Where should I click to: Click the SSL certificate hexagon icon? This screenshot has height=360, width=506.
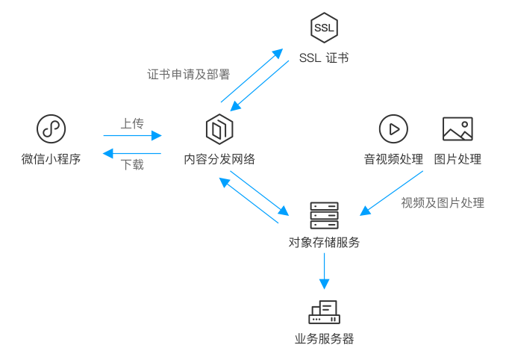point(324,28)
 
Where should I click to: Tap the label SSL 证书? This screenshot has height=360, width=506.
point(324,58)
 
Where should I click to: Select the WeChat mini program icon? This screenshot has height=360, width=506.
point(51,129)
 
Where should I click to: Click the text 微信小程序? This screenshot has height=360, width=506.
point(51,159)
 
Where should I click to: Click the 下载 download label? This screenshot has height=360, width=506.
point(132,165)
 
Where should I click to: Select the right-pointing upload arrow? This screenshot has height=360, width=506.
point(132,135)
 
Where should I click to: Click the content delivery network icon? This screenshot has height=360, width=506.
point(219,129)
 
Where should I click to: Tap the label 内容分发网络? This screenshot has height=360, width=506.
point(219,159)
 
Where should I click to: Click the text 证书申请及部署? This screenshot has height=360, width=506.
point(188,75)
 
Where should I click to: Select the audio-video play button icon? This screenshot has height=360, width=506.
point(393,129)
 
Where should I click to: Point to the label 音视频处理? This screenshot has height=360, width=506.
point(393,159)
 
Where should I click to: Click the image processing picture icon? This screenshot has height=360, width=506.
point(457,129)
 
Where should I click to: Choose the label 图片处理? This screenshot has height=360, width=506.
point(457,159)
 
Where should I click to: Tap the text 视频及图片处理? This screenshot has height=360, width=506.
point(443,202)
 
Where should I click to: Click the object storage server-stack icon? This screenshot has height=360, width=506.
point(324,216)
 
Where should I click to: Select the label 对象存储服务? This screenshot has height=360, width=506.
point(324,243)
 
